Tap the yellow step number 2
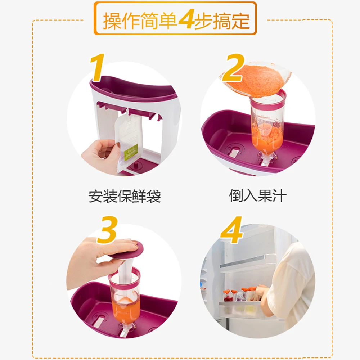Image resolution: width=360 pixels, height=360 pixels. click(x=233, y=68)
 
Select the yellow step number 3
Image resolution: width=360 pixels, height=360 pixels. click(x=107, y=230)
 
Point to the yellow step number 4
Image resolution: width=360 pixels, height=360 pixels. click(x=231, y=230)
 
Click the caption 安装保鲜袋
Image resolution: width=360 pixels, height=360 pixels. click(x=125, y=197)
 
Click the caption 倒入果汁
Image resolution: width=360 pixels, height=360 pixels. click(x=258, y=196)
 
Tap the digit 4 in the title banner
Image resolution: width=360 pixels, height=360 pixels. click(x=186, y=19)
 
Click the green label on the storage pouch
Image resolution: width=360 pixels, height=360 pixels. click(x=131, y=152)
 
